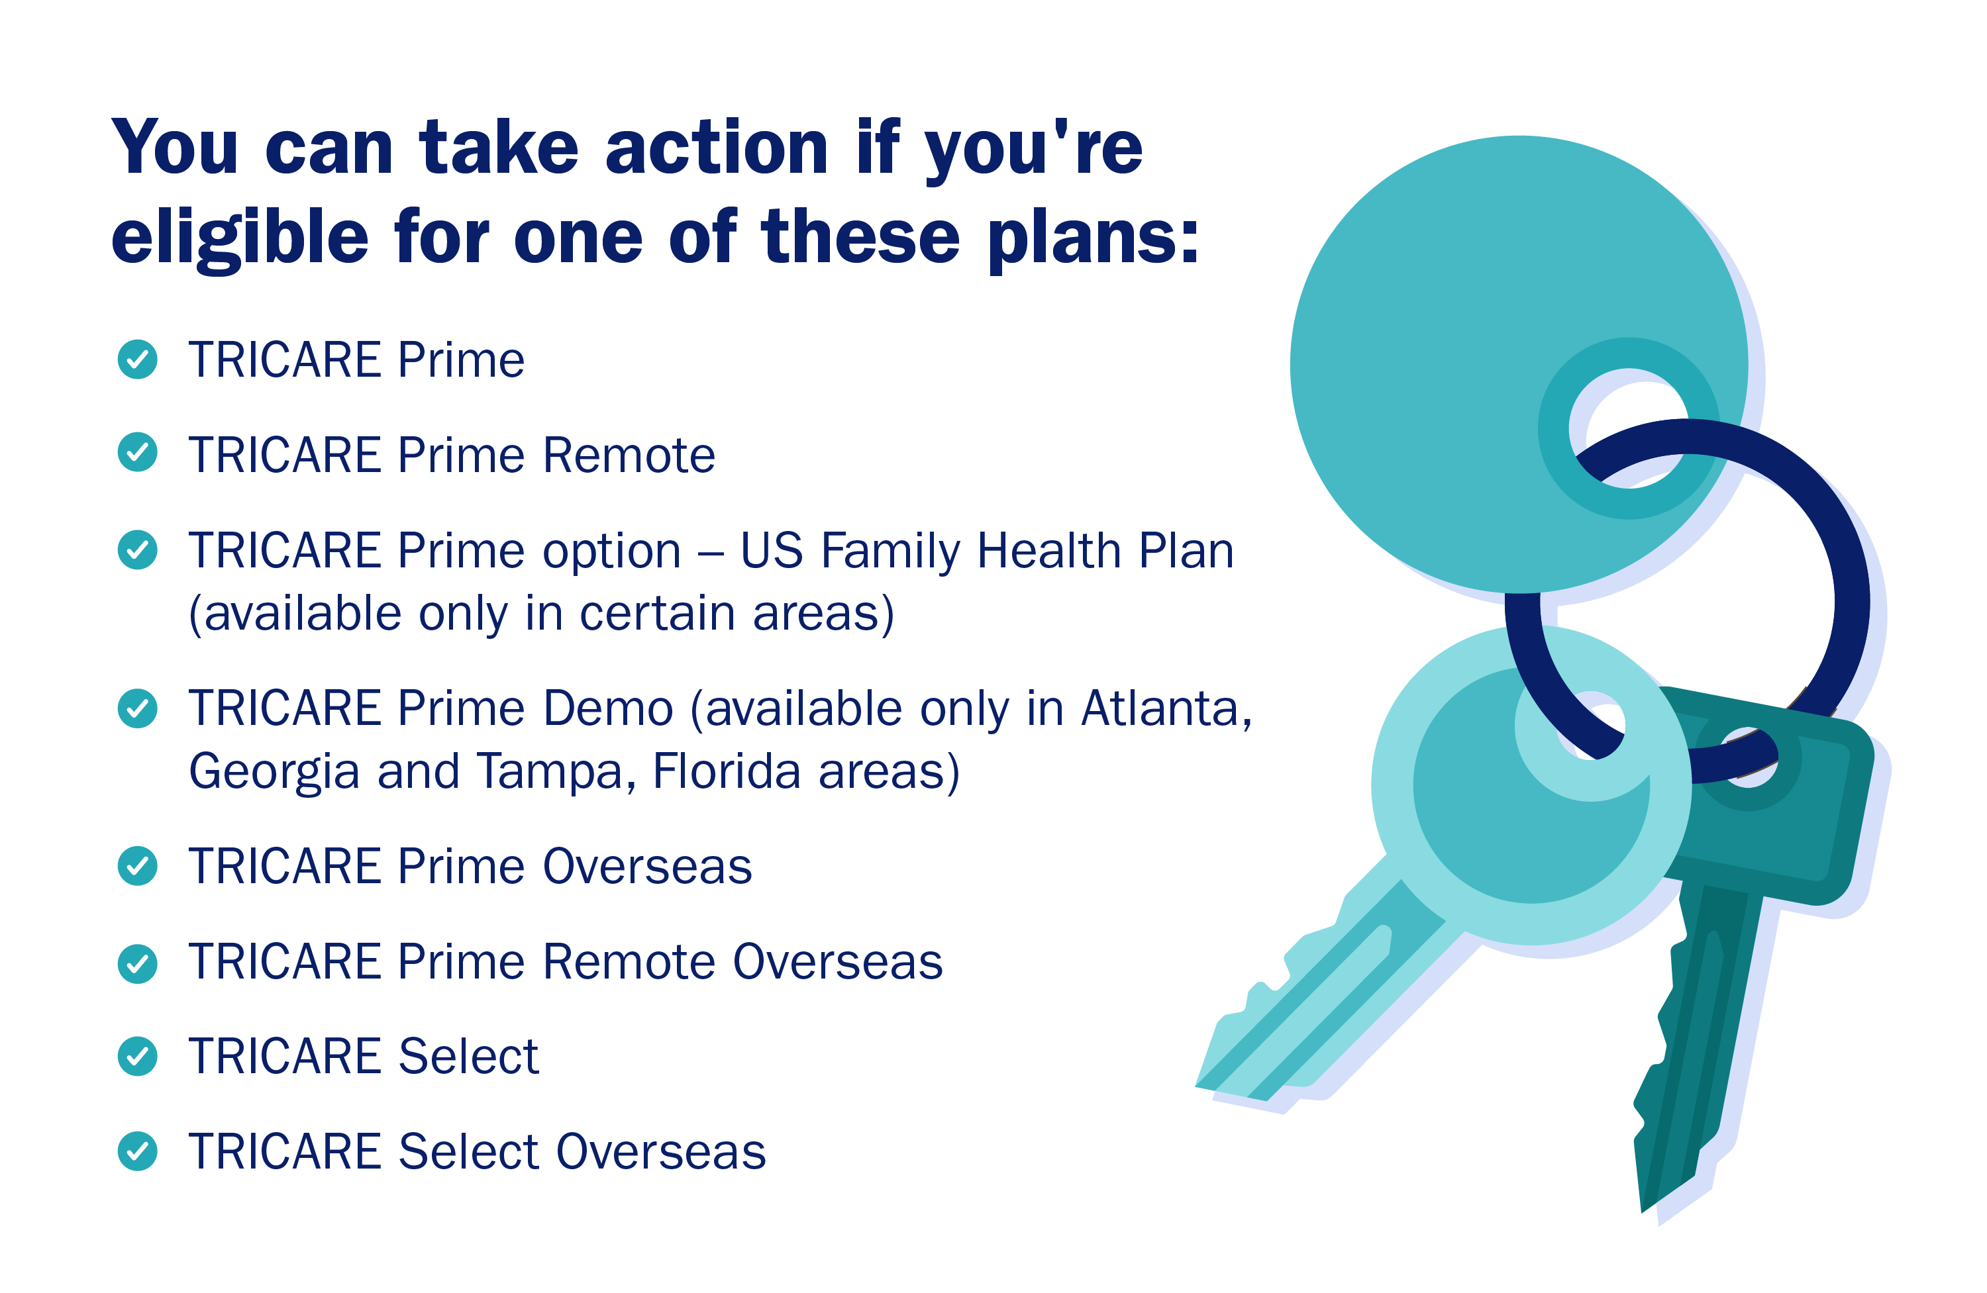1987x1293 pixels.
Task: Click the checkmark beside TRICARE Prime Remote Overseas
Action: pos(138,964)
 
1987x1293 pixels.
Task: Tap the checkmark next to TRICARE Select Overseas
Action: pos(138,1152)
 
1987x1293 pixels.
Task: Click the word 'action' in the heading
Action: pos(717,148)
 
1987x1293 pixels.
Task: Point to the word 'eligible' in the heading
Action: pos(240,238)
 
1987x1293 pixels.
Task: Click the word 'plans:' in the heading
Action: pos(1094,238)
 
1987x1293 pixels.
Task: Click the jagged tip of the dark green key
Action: pos(1661,1169)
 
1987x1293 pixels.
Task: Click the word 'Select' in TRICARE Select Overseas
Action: pos(468,1152)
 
